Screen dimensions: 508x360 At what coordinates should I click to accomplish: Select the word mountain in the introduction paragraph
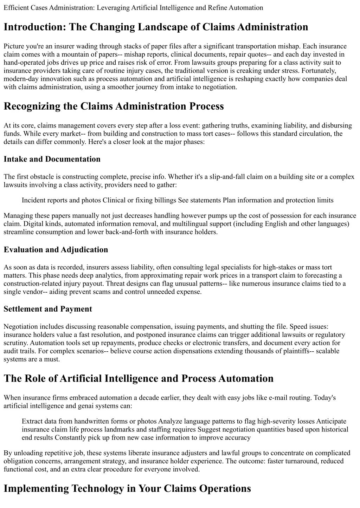click(x=68, y=54)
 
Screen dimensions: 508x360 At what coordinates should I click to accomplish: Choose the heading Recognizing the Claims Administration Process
click(x=114, y=106)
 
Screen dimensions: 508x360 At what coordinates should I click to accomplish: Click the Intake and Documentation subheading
click(x=52, y=159)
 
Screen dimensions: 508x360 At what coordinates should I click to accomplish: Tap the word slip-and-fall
click(x=220, y=177)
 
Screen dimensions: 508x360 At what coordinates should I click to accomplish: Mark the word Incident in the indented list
click(x=34, y=200)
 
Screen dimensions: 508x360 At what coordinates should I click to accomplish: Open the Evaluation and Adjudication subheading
click(x=56, y=250)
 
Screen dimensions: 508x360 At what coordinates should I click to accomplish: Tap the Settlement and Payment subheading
click(x=48, y=309)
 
